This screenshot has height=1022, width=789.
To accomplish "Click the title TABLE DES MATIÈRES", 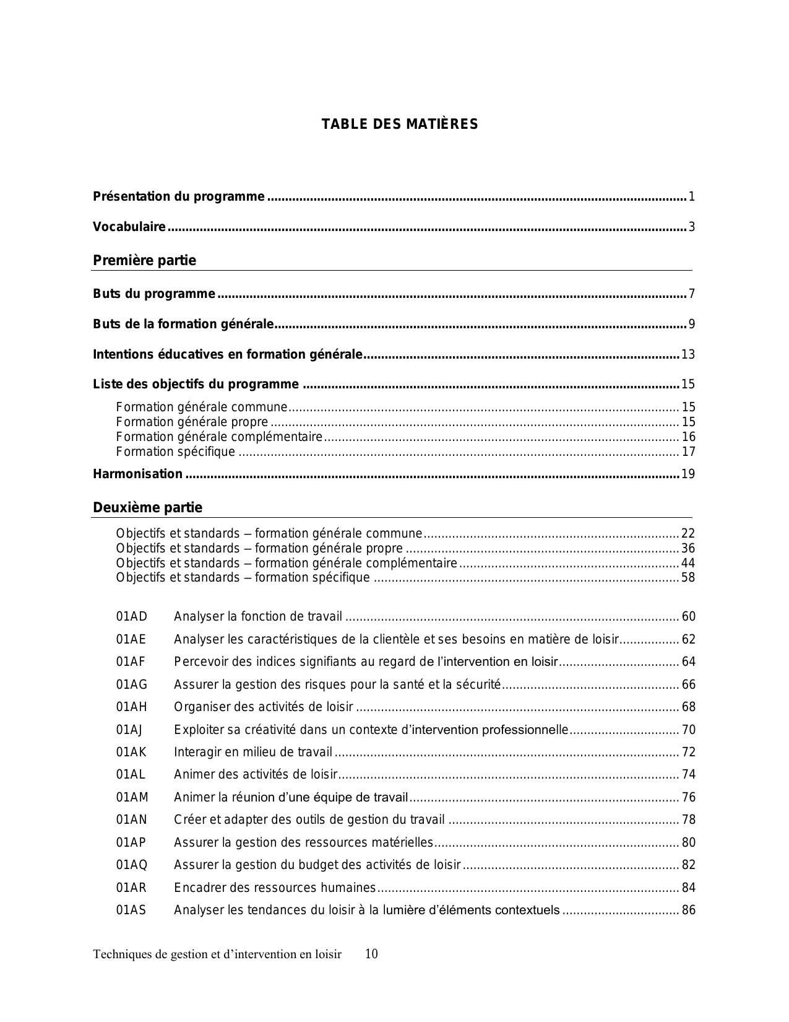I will point(399,124).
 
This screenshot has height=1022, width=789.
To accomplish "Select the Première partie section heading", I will point(144,261).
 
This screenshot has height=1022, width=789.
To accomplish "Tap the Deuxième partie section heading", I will point(147,508).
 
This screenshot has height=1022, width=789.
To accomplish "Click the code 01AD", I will point(132,616).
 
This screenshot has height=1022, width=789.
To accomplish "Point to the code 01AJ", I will point(129,730).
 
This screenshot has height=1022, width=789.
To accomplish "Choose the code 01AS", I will point(131,911).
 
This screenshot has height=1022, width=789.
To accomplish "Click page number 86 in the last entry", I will point(688,911).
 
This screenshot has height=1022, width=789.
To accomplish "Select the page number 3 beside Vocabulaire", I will point(692,227).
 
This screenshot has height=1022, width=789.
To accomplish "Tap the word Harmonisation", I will point(137,474).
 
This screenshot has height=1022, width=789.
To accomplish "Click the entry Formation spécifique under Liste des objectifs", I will point(176,452).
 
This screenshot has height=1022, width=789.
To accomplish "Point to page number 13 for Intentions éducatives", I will point(688,355).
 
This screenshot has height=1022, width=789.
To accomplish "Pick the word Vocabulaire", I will point(129,227).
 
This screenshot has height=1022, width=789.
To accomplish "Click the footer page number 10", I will point(371,954).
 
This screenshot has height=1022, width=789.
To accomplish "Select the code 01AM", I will point(132,797).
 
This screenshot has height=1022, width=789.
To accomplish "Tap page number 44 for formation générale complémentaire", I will point(688,563).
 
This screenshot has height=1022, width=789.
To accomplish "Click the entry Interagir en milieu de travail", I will point(253,752).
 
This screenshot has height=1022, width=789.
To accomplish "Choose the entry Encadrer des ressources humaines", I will point(275,888).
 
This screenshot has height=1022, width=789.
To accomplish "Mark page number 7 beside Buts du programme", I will point(692,294).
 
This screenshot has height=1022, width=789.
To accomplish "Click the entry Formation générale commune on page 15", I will point(202,408).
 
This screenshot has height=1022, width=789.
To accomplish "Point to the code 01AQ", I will point(132,865).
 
